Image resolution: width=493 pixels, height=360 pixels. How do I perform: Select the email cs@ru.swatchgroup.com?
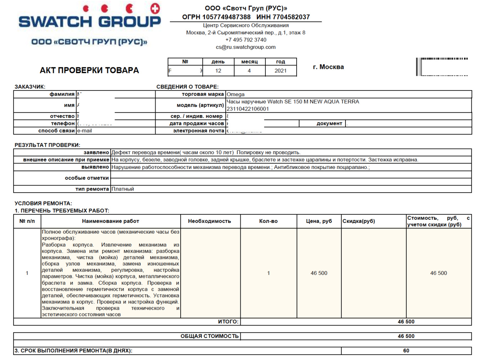[246, 47]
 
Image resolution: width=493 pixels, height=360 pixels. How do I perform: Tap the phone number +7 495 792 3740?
[246, 40]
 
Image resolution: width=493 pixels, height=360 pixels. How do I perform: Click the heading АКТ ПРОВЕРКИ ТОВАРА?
[89, 70]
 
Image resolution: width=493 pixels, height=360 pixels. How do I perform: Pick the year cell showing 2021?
[281, 71]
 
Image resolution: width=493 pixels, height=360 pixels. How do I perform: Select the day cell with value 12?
[218, 71]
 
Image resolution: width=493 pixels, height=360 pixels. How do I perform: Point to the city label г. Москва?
[328, 67]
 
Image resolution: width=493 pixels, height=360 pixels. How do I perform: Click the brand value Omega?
[236, 94]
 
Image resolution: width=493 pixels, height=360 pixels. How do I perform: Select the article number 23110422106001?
[248, 109]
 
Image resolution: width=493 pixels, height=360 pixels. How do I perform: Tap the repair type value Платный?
[122, 189]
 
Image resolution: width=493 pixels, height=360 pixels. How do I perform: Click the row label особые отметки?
[87, 178]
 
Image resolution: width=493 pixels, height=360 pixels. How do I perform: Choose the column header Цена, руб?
[319, 221]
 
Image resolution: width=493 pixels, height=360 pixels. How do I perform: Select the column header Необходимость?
[210, 221]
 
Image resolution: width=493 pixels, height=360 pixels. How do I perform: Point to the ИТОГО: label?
[228, 321]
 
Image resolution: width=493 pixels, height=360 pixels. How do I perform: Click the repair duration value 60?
[406, 351]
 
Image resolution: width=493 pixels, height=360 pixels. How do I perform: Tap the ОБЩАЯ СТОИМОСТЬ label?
[210, 336]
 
